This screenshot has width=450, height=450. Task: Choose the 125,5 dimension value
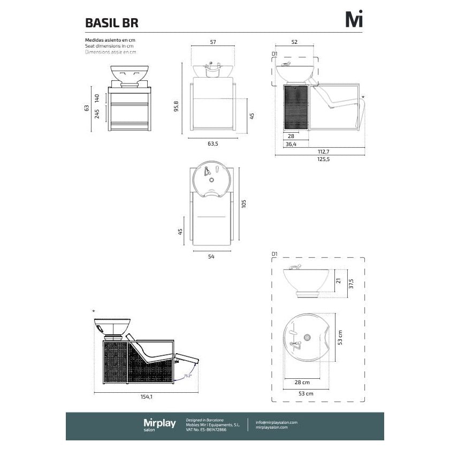(x=323, y=159)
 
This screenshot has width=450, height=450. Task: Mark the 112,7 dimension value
(x=322, y=151)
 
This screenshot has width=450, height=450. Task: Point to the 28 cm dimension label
(x=302, y=383)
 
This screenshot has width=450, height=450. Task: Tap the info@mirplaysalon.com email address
(x=276, y=422)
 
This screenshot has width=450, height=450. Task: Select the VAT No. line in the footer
(x=206, y=430)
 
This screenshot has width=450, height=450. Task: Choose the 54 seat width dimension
(x=211, y=257)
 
